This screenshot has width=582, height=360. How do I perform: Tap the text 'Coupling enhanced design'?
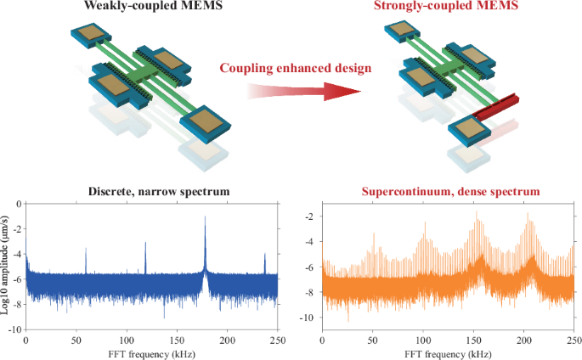pyautogui.click(x=291, y=69)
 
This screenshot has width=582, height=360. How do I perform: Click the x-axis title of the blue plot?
pyautogui.click(x=151, y=352)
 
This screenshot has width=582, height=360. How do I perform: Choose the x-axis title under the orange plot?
pyautogui.click(x=447, y=352)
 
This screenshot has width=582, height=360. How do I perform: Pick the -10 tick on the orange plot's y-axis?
pyautogui.click(x=311, y=318)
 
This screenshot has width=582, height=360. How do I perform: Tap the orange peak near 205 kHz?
pyautogui.click(x=529, y=217)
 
